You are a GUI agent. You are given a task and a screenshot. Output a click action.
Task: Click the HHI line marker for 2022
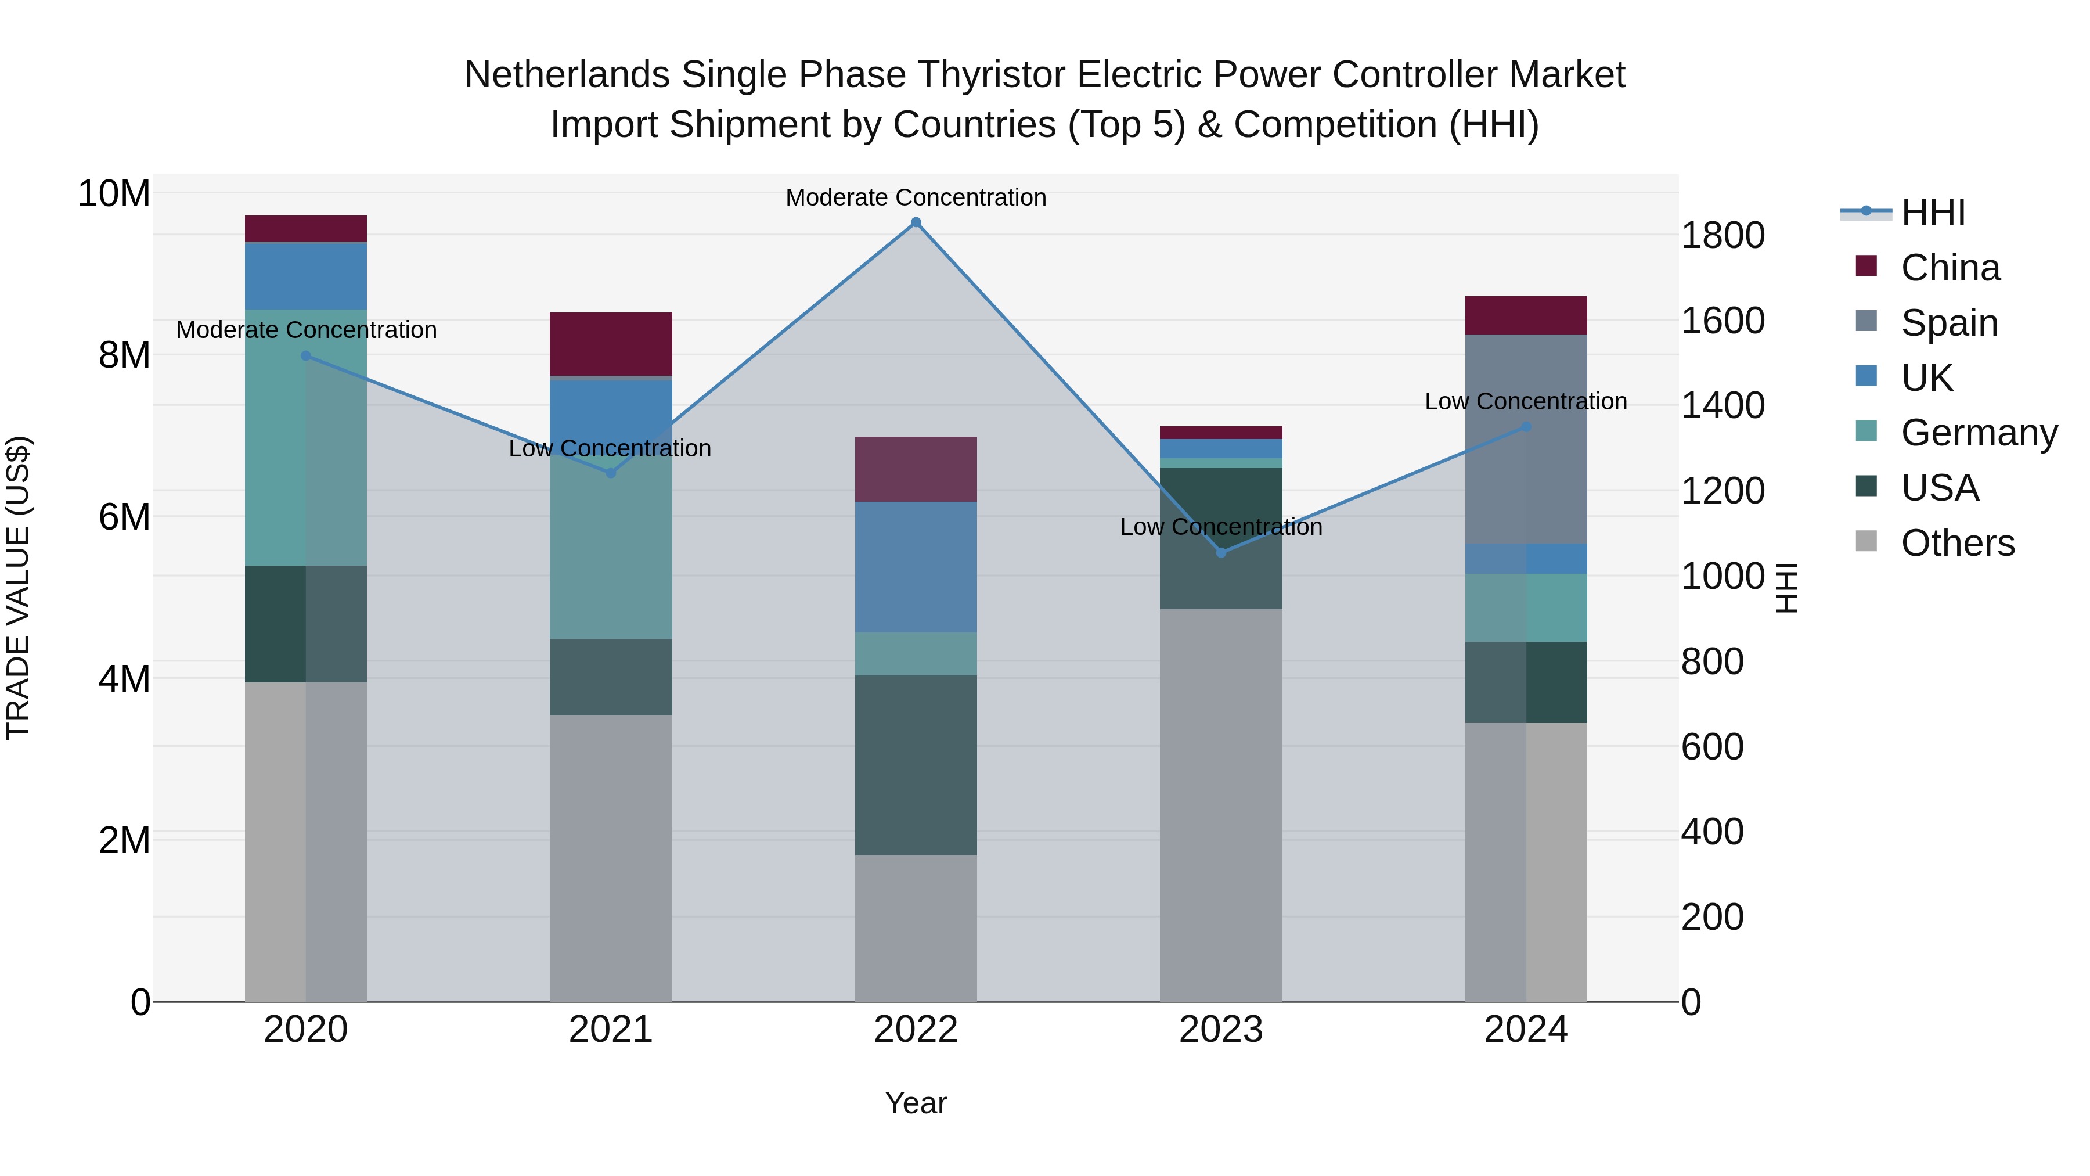(x=916, y=222)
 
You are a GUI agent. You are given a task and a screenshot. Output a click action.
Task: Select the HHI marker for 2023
(x=1221, y=553)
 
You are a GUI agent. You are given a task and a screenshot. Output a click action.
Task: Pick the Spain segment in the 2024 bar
(x=1526, y=438)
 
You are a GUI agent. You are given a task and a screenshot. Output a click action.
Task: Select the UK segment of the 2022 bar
(x=916, y=566)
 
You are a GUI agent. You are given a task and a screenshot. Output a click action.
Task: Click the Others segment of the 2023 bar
(x=1221, y=804)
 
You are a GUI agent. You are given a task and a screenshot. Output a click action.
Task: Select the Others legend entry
(x=1957, y=543)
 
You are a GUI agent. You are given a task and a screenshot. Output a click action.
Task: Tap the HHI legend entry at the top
(x=1933, y=213)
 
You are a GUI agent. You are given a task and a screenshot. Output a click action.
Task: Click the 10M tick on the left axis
(x=114, y=194)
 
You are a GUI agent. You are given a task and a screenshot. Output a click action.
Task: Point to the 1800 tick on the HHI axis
(x=1723, y=235)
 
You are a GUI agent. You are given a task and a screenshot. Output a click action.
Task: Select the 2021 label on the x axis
(x=611, y=1030)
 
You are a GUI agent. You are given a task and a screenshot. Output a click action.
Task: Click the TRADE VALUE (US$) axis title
(x=18, y=588)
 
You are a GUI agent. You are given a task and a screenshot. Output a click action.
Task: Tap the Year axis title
(x=916, y=1103)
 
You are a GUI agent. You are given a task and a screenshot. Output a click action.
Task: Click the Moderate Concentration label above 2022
(x=916, y=197)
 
